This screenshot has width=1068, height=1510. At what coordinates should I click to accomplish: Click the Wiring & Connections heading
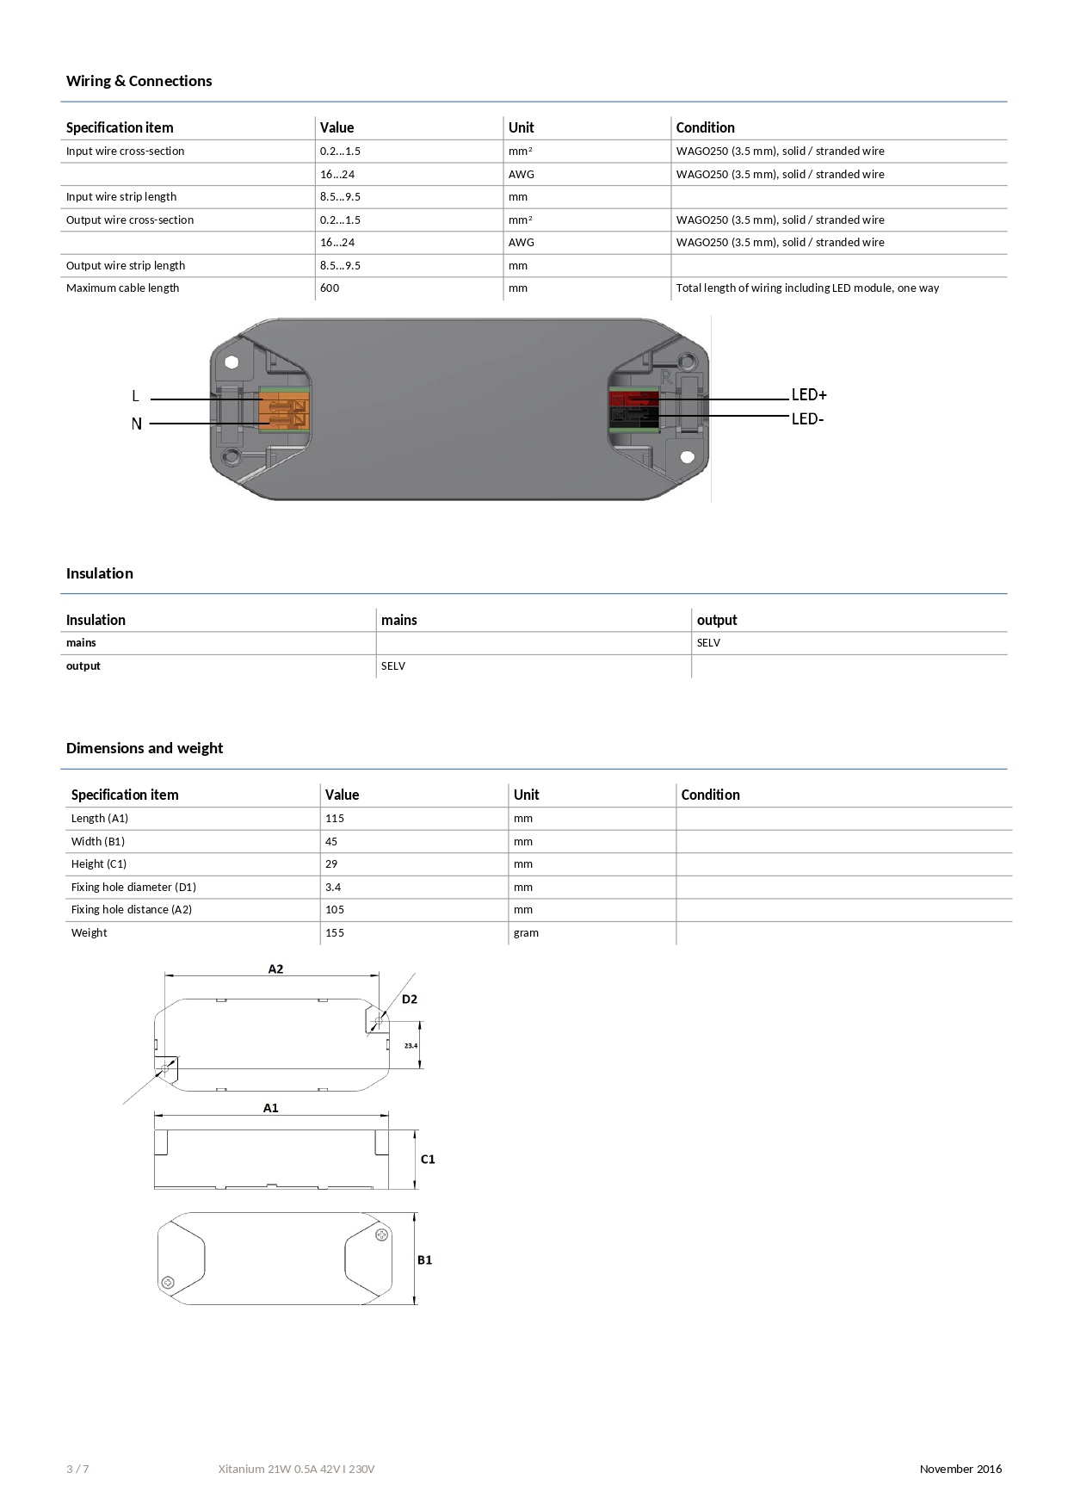[x=139, y=81]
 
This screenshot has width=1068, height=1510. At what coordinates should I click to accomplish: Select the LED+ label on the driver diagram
[x=809, y=395]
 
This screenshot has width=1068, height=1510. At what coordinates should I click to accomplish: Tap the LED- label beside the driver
[x=807, y=419]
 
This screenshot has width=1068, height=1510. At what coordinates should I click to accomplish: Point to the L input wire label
[x=135, y=397]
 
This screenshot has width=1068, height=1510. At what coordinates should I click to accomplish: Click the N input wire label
[x=136, y=424]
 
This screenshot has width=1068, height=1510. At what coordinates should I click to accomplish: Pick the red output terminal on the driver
[x=633, y=399]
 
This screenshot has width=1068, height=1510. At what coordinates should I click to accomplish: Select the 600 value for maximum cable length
[x=330, y=288]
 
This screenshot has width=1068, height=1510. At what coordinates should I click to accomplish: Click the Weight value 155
[x=335, y=933]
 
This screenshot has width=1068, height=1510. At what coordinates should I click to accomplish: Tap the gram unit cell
[x=526, y=933]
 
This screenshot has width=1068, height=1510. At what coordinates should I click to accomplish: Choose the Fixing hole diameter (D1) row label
[x=133, y=888]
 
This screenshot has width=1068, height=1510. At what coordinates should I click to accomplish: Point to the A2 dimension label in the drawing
[x=275, y=969]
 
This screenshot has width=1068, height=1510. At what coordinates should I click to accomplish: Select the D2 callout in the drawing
[x=410, y=999]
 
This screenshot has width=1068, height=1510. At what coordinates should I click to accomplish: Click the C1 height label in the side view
[x=428, y=1160]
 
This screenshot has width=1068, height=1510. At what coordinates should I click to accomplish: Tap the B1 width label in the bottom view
[x=425, y=1260]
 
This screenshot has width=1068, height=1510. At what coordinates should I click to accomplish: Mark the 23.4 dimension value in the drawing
[x=411, y=1046]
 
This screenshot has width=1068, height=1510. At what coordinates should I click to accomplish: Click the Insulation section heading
[x=100, y=573]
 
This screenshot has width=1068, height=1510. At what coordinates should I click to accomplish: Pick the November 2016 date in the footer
[x=960, y=1470]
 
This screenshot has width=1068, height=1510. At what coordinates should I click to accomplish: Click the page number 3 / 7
[x=77, y=1470]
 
